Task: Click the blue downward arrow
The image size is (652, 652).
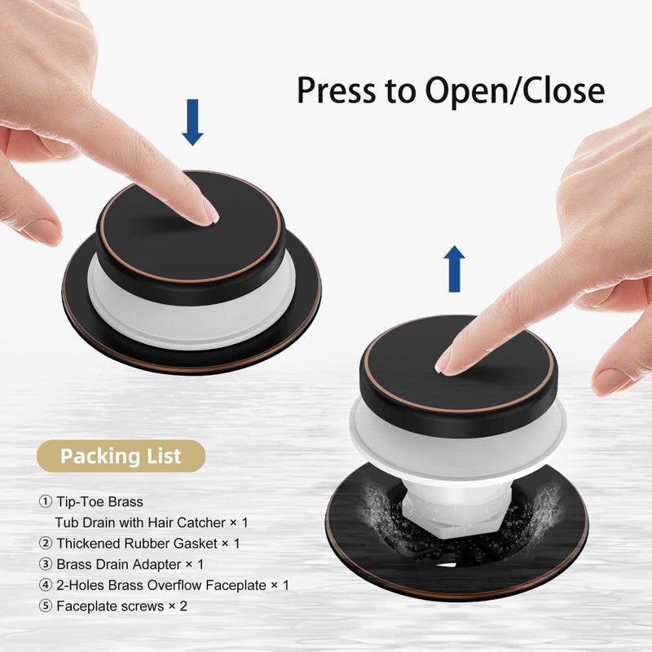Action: pos(192,122)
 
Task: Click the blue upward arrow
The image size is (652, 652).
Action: pos(454,269)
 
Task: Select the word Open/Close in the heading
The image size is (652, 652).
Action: pos(515,91)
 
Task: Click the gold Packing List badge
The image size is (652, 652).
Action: pos(121,456)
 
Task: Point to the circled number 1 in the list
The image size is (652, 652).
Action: pos(46,501)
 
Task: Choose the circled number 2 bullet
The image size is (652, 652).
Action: pos(46,543)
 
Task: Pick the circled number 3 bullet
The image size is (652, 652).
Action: pos(46,564)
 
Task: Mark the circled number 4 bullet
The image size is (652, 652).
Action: pos(46,585)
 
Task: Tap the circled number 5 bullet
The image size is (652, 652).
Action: pos(46,606)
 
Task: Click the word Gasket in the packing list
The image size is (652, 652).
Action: pos(195,544)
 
